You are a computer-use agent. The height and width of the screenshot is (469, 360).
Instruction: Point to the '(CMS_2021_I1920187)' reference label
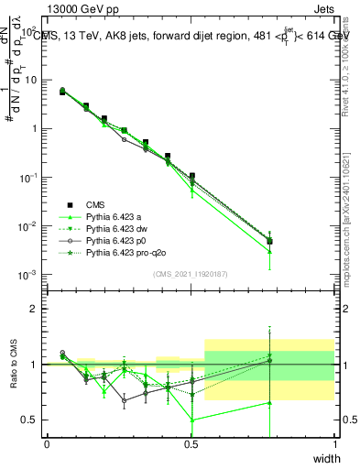(191, 274)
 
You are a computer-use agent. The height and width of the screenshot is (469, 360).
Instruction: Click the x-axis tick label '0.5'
(191, 444)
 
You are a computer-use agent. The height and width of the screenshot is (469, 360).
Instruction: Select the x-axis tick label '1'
(334, 444)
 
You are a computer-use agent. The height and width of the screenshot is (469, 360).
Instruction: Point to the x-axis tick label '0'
(47, 444)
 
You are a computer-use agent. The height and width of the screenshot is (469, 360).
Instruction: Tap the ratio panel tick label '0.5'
(29, 420)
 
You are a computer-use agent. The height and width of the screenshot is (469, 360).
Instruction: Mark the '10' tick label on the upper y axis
(31, 80)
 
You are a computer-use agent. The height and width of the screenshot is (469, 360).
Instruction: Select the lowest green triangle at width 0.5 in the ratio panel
(191, 420)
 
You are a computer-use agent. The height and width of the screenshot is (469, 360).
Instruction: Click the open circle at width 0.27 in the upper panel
(125, 139)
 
